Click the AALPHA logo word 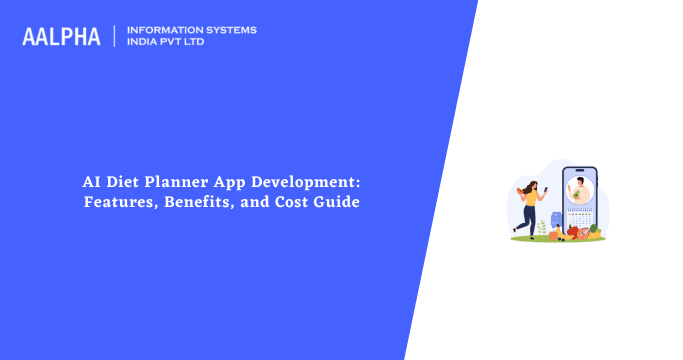(61, 37)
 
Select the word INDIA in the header (146, 43)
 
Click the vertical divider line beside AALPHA (115, 36)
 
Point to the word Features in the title (118, 202)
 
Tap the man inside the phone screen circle (580, 187)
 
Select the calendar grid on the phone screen (581, 213)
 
